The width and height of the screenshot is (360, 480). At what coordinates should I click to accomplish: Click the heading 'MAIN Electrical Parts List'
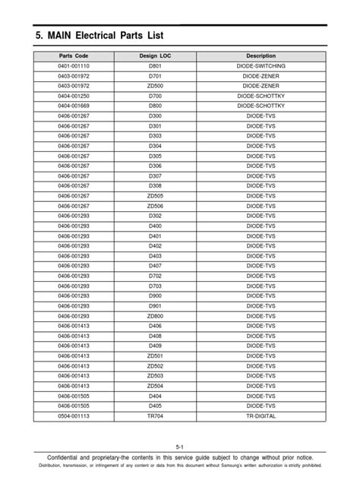99,36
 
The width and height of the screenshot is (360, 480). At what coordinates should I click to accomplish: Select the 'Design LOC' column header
155,56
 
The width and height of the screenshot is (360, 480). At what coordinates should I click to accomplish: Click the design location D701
155,76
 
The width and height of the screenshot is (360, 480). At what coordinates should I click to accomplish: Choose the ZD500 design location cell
155,86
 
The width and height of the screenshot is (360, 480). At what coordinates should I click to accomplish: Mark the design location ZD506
155,206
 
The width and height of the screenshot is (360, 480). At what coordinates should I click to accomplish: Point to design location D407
155,266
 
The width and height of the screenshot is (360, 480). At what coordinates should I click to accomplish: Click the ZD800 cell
155,315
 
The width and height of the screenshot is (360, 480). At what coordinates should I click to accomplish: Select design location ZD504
155,385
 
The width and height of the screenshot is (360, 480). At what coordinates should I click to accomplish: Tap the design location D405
155,406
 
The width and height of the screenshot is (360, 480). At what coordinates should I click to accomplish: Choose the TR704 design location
155,415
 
